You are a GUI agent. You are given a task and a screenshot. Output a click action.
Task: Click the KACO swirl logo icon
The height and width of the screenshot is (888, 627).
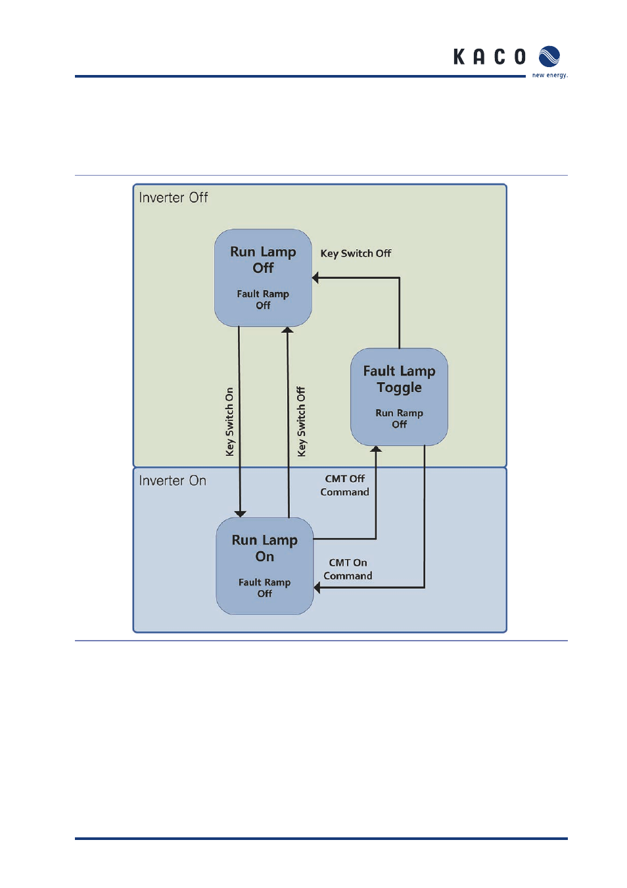click(x=549, y=57)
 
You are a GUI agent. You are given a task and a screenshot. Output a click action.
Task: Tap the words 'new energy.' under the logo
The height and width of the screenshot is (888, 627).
click(x=549, y=76)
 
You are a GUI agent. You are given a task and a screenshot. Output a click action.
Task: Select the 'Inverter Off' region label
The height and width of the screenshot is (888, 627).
click(x=173, y=197)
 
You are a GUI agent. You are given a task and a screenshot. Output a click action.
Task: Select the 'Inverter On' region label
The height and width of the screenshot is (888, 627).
click(x=172, y=481)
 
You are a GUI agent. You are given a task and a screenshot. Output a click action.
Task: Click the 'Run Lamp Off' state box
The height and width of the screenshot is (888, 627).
click(x=263, y=277)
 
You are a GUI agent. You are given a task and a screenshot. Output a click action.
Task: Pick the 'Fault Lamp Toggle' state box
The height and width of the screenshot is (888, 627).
click(x=399, y=396)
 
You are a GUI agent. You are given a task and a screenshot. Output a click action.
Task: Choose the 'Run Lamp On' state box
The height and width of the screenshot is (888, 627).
click(x=264, y=566)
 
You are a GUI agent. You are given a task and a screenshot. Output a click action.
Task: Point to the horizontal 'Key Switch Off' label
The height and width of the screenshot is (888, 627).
click(x=356, y=253)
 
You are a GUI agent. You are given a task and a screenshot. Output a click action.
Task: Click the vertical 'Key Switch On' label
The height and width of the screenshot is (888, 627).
click(x=229, y=422)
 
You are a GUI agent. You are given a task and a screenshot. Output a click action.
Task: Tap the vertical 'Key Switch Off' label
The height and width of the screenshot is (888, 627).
click(x=301, y=422)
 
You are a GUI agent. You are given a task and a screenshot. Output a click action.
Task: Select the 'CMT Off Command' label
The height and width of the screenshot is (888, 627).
click(x=344, y=485)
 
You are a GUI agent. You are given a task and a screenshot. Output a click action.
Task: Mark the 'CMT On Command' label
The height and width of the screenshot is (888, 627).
click(x=348, y=569)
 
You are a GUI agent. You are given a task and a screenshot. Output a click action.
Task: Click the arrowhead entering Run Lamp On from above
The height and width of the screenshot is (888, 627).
click(x=241, y=513)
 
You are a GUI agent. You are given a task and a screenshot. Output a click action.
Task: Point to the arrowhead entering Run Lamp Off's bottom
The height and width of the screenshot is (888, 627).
click(x=287, y=330)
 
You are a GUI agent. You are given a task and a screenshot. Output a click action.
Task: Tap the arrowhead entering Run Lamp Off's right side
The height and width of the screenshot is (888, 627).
click(x=315, y=278)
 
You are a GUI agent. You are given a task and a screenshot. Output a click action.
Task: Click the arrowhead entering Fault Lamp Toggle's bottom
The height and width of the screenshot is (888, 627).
click(x=376, y=449)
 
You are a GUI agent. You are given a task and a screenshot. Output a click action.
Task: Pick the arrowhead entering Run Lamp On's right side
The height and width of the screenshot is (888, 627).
click(x=317, y=587)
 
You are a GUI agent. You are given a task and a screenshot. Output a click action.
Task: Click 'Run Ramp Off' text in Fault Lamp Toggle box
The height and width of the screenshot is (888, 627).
click(x=399, y=418)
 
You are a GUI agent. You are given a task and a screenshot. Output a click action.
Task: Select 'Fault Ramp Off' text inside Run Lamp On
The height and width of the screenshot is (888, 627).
click(x=264, y=587)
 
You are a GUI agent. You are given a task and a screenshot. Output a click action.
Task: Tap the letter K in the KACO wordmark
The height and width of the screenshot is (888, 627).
click(x=459, y=57)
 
